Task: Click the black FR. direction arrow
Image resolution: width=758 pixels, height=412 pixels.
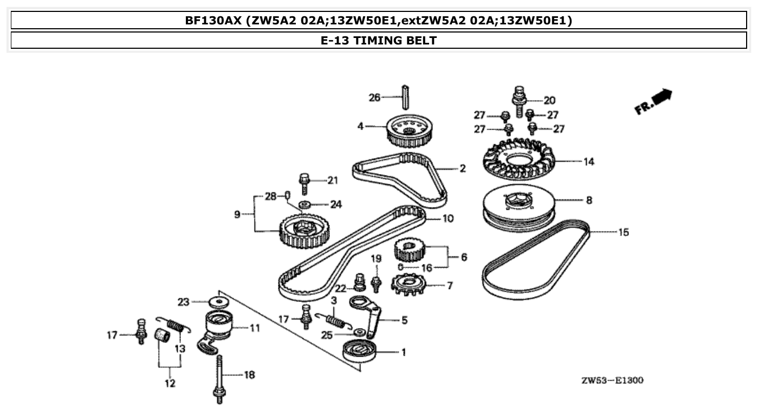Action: [662, 98]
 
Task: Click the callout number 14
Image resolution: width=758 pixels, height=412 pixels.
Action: [588, 162]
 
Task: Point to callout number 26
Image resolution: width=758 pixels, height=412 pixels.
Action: [374, 98]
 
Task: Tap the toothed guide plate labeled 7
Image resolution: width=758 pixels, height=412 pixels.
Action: [410, 285]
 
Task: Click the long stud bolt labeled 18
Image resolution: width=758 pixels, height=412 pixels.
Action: [220, 379]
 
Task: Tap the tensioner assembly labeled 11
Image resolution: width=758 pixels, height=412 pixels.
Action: [219, 329]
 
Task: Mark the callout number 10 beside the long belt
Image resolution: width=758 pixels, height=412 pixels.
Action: [448, 219]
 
